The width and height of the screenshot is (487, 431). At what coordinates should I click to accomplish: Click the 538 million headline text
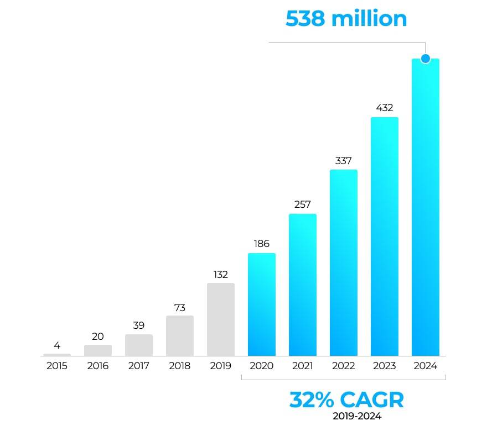click(x=346, y=19)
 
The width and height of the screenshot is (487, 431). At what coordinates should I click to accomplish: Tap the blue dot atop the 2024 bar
click(x=425, y=59)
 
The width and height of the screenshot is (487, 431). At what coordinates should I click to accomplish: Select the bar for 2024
click(x=425, y=210)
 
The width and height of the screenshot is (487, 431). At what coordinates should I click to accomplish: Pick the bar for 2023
click(x=384, y=238)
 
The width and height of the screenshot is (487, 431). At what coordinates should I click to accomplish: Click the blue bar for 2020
click(x=261, y=304)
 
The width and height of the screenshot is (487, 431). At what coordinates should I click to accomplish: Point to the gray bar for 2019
click(x=221, y=319)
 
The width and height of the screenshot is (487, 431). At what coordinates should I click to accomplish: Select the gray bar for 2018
click(x=180, y=335)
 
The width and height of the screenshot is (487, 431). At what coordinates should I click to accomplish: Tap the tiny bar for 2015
click(x=57, y=355)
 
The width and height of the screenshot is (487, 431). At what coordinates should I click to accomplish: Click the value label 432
click(x=384, y=108)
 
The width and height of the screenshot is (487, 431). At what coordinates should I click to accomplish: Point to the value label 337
click(x=343, y=161)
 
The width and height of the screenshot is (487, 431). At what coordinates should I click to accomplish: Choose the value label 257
click(x=302, y=204)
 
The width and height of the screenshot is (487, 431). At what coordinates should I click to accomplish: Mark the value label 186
click(x=261, y=244)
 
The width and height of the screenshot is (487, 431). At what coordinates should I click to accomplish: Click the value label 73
click(x=180, y=307)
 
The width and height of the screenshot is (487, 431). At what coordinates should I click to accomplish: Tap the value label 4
click(x=57, y=345)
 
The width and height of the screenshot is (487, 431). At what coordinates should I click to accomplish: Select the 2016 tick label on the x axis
click(x=98, y=366)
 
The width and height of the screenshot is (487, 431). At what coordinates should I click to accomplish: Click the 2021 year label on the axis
click(x=302, y=366)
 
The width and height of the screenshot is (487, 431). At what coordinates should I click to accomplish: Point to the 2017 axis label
click(x=139, y=366)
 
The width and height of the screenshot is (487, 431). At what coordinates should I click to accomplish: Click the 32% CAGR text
click(x=346, y=400)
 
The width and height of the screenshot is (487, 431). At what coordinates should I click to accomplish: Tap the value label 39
click(x=139, y=325)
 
